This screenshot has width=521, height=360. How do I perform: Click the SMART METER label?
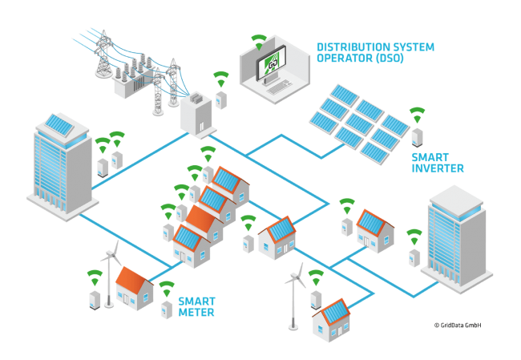(x=196, y=306)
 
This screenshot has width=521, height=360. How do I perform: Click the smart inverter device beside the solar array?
(x=417, y=136)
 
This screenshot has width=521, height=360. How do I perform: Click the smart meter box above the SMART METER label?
(x=166, y=309)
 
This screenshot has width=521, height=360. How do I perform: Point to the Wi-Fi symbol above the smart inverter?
(x=416, y=113)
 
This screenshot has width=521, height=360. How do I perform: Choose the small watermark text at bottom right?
(x=457, y=325)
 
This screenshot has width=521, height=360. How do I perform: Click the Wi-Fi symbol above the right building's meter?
(x=414, y=236)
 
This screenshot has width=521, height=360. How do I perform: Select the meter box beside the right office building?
(x=414, y=257)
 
